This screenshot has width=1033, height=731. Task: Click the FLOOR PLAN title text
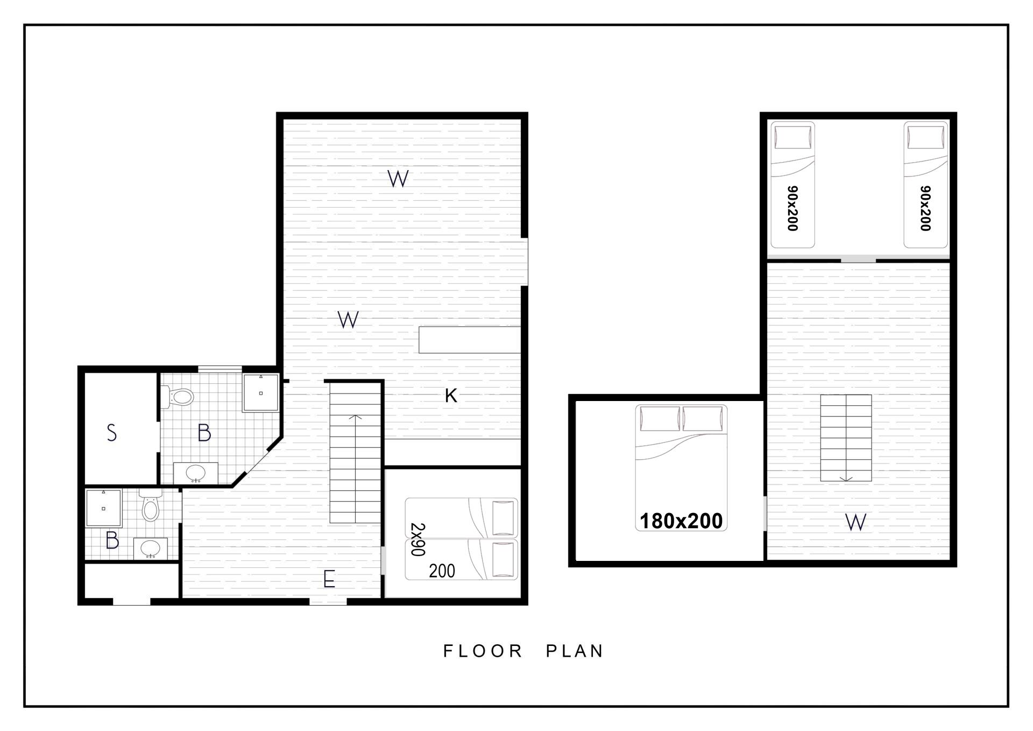pyautogui.click(x=523, y=651)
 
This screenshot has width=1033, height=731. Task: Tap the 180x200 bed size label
pyautogui.click(x=681, y=521)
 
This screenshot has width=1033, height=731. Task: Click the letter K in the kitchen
pyautogui.click(x=451, y=396)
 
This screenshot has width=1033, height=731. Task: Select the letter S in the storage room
pyautogui.click(x=112, y=433)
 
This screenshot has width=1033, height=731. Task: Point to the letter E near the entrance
pyautogui.click(x=329, y=580)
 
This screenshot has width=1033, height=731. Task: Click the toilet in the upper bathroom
pyautogui.click(x=178, y=397)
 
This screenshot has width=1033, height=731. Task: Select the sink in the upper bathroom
pyautogui.click(x=195, y=473)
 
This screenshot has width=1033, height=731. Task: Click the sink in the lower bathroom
pyautogui.click(x=150, y=549)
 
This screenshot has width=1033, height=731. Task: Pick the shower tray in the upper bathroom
pyautogui.click(x=260, y=393)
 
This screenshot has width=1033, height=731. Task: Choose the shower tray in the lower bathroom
pyautogui.click(x=103, y=508)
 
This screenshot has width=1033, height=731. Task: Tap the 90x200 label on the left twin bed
pyautogui.click(x=793, y=208)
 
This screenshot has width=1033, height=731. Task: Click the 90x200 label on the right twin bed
pyautogui.click(x=925, y=208)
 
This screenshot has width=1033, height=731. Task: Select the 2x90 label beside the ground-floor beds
pyautogui.click(x=418, y=539)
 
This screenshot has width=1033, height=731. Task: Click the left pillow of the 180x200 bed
pyautogui.click(x=660, y=419)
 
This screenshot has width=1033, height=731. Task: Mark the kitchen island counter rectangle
pyautogui.click(x=470, y=340)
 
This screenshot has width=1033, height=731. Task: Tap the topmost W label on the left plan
pyautogui.click(x=398, y=178)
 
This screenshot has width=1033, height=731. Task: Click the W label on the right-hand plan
pyautogui.click(x=855, y=522)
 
